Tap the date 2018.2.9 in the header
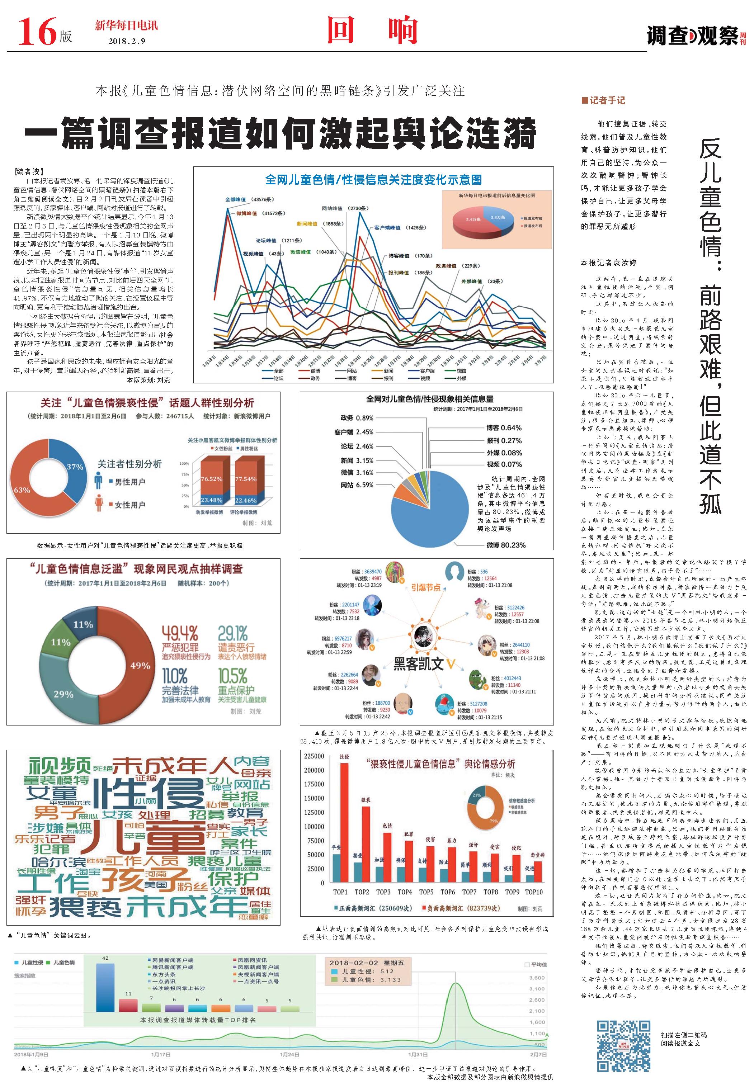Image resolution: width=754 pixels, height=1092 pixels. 127,41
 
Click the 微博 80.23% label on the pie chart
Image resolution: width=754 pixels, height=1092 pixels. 505,545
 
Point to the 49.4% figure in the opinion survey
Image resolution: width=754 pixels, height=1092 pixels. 179,633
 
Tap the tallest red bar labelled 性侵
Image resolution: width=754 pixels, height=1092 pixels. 344,821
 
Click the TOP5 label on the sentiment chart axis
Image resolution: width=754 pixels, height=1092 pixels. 426,892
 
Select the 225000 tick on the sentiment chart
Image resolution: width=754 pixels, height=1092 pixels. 314,756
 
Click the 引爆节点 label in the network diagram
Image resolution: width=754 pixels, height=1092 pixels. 426,587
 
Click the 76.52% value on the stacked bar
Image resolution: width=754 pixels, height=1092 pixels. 211,478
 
